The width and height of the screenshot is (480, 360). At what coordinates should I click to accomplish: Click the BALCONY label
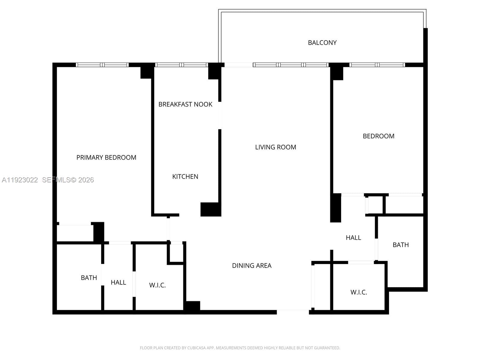point(322,43)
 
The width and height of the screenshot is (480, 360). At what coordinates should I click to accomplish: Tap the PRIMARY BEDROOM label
point(106,157)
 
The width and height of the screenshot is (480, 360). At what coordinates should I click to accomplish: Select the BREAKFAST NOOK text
point(185,104)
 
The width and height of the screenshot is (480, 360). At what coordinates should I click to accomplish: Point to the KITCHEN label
point(185,176)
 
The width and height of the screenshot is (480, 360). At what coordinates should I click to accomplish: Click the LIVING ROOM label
point(275,147)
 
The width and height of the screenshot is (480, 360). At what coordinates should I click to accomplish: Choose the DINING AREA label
point(252,265)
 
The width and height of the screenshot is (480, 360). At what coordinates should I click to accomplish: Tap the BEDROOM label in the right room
point(379,136)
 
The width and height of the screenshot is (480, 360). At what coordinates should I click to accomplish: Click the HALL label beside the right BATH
point(353,238)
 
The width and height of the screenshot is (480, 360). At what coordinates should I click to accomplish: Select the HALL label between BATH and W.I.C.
point(118,282)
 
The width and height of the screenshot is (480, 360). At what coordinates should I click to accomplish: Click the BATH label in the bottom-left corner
point(89,277)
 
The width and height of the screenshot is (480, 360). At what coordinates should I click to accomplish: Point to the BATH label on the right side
point(400,245)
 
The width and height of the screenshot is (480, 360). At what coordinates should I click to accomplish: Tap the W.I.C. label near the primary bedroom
point(157,285)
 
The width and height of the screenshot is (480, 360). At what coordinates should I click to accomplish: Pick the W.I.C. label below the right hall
point(358,292)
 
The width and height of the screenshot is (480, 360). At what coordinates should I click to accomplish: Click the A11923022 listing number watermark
point(20,180)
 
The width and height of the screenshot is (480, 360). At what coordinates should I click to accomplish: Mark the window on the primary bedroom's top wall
point(102,65)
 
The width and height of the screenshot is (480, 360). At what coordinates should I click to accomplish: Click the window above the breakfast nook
point(181,65)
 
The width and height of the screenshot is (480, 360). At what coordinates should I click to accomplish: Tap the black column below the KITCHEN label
point(211,209)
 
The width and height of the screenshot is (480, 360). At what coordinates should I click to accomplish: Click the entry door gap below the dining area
point(293,312)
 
